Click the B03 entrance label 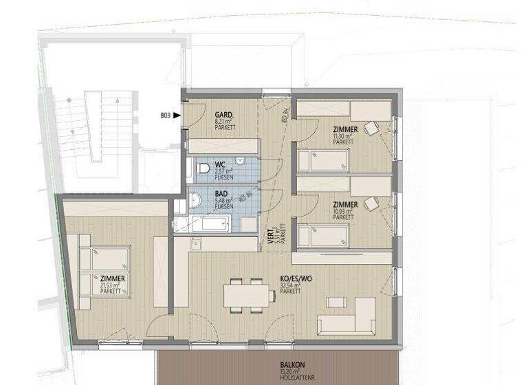point(165,115)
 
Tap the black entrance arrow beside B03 point(177,115)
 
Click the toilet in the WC point(203,168)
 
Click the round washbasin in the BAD point(195,200)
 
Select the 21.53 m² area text point(111,285)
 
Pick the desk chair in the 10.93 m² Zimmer point(371,204)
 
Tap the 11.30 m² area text point(341,137)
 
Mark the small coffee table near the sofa point(336,302)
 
